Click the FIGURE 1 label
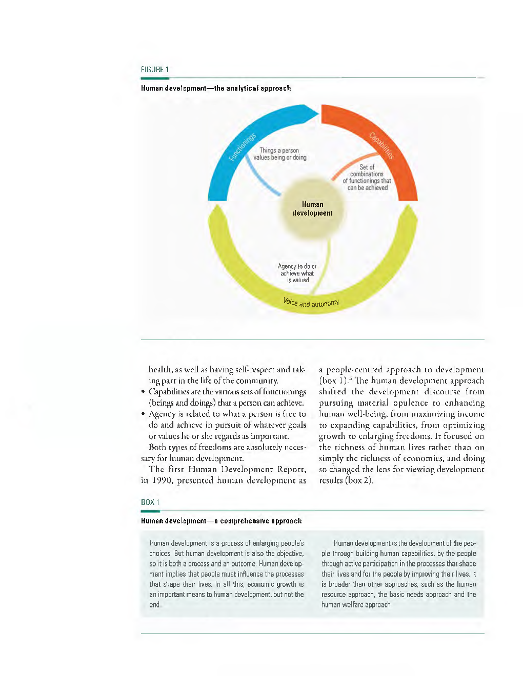(155, 69)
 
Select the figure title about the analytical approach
(216, 88)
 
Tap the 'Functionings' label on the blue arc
(243, 147)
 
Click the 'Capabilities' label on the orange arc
(381, 145)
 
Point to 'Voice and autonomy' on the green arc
(311, 303)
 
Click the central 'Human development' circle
(312, 209)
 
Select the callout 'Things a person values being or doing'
(279, 154)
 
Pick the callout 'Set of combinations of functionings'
(367, 178)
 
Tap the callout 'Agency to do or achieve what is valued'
(297, 273)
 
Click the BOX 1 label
(150, 502)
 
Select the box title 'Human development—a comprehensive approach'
(221, 521)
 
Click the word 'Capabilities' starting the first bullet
(169, 392)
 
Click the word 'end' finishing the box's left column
(154, 605)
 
